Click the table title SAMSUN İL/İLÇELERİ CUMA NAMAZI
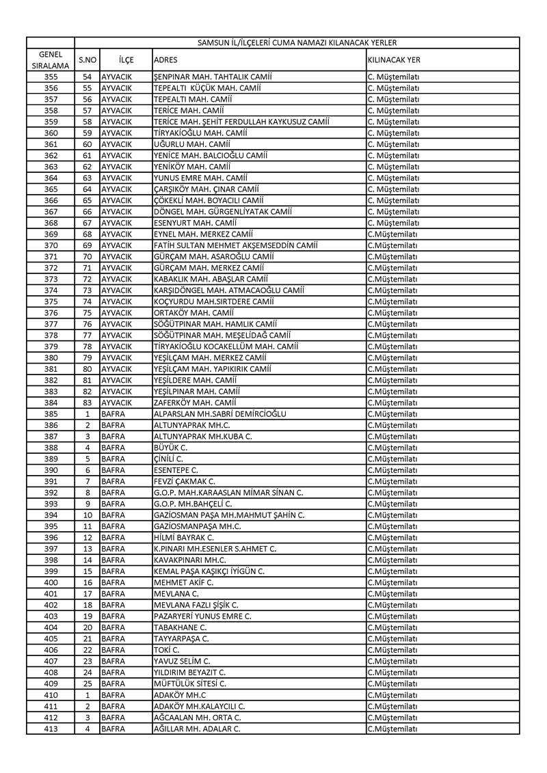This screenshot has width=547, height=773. tap(297, 42)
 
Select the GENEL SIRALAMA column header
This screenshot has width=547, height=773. tap(51, 59)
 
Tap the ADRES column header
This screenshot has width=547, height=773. tap(166, 60)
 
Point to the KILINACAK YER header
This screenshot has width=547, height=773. tap(394, 60)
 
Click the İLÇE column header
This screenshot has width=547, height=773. tap(126, 60)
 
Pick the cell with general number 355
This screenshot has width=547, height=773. tap(51, 77)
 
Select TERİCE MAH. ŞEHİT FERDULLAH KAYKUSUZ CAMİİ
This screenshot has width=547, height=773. tap(242, 122)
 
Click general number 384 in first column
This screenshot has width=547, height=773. tap(51, 403)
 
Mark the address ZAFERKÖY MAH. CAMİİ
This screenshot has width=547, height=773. tap(193, 403)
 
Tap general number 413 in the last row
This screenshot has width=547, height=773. tap(51, 728)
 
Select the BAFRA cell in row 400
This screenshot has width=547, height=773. tap(114, 582)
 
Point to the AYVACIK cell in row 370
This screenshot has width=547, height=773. tap(116, 245)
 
